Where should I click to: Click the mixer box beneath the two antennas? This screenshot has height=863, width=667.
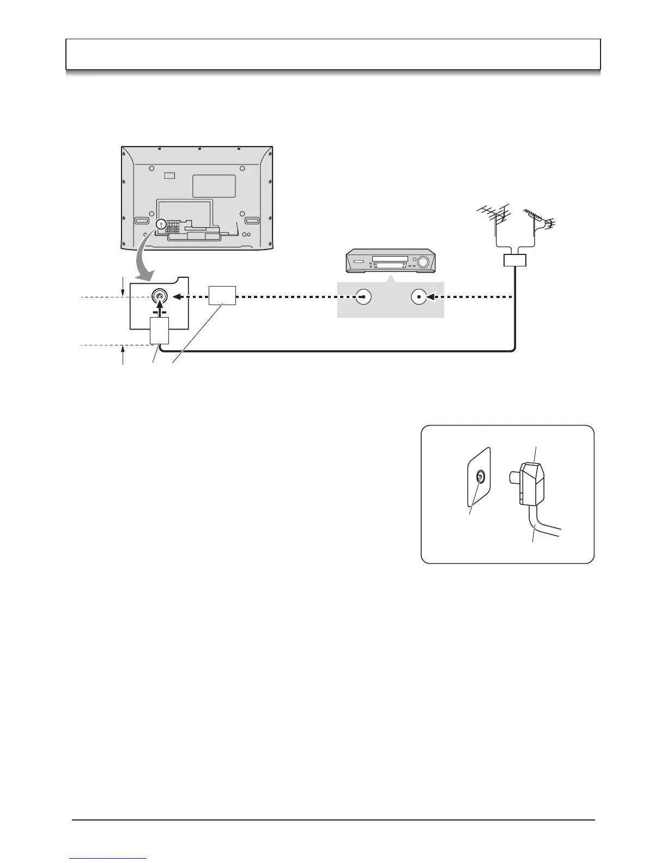(x=515, y=260)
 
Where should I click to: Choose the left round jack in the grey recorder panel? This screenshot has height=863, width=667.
(x=363, y=297)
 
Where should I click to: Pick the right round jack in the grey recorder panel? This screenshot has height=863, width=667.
(x=418, y=297)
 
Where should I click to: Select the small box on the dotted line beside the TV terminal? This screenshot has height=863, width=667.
(x=222, y=295)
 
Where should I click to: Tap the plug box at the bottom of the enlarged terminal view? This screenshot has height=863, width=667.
(x=159, y=330)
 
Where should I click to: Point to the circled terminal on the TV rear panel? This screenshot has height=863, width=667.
(x=160, y=224)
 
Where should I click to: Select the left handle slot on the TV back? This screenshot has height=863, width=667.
(x=141, y=221)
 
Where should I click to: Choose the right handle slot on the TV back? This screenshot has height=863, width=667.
(x=252, y=221)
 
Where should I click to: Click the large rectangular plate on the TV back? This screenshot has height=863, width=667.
(x=214, y=185)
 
